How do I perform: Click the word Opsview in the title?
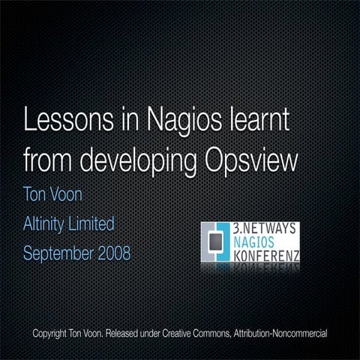pos(256,160)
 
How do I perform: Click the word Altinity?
pos(46,223)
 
